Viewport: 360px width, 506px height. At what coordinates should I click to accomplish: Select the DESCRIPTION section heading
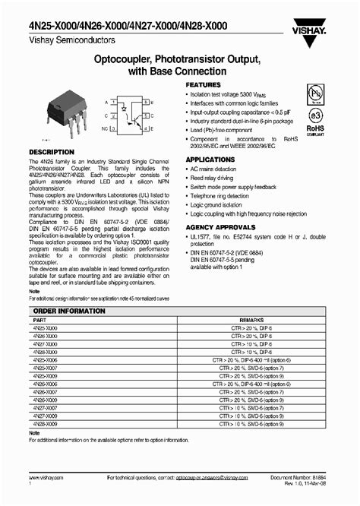point(51,152)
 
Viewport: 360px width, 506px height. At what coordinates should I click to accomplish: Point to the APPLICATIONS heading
point(210,159)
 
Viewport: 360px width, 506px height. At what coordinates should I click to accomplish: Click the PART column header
point(37,321)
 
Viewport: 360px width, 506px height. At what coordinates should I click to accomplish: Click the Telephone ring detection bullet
point(225,195)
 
